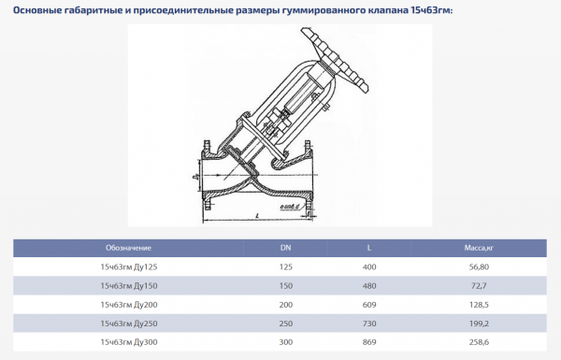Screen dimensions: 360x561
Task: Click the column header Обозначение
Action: (x=129, y=248)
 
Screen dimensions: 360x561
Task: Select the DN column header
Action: (x=285, y=248)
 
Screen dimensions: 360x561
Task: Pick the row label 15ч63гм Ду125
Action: (x=129, y=267)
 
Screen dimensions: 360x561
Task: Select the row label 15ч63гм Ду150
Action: (x=129, y=285)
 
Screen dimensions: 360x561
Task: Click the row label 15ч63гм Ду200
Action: (x=129, y=305)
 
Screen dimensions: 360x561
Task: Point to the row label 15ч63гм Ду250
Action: (x=129, y=324)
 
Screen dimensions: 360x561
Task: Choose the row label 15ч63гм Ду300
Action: (x=129, y=342)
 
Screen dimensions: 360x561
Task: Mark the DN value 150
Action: (x=285, y=285)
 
